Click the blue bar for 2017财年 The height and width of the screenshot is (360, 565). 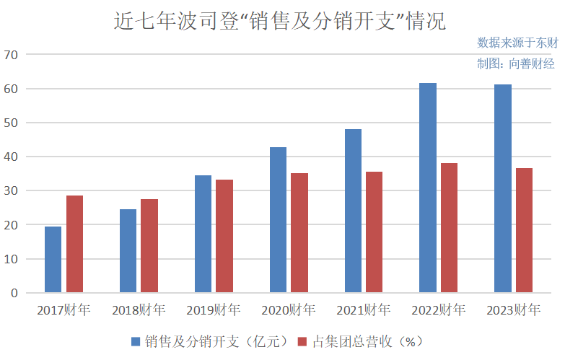(x=53, y=260)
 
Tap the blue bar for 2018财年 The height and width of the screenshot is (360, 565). (x=128, y=251)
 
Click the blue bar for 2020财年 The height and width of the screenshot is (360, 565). (x=278, y=220)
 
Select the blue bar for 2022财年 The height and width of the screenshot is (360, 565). (x=428, y=188)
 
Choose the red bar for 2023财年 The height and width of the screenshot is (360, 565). (x=525, y=230)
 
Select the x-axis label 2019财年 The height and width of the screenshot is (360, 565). (x=214, y=311)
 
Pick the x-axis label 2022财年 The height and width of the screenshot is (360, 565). (x=439, y=311)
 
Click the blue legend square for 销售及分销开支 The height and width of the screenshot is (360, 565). (x=136, y=341)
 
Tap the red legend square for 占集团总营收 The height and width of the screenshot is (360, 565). (x=303, y=341)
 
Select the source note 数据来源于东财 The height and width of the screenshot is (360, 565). (x=517, y=43)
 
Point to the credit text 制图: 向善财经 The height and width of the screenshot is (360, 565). (x=515, y=63)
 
